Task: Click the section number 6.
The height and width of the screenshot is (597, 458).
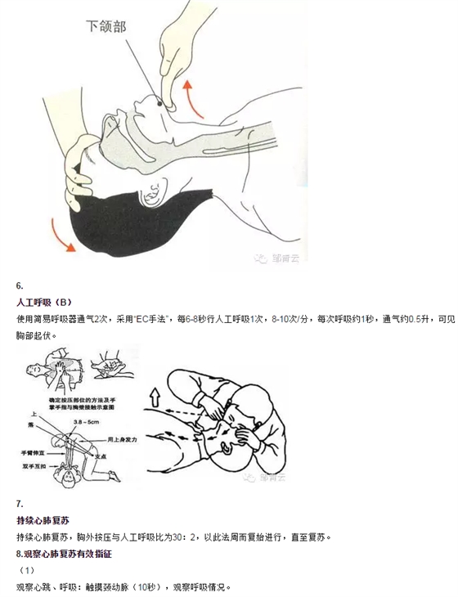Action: click(x=20, y=285)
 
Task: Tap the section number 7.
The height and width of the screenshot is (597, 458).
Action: click(x=20, y=503)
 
